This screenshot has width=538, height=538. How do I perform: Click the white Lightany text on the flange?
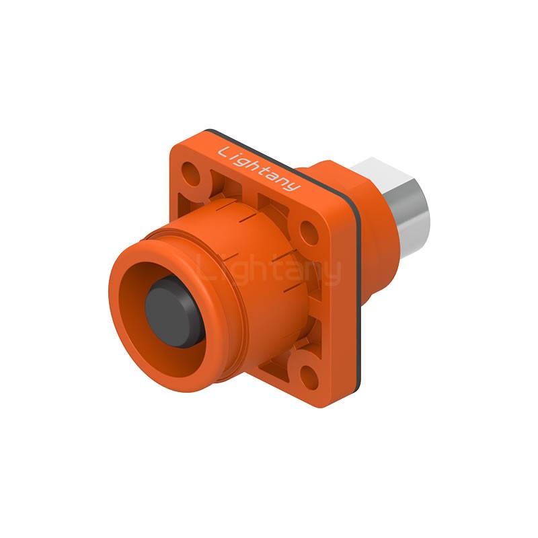(259, 168)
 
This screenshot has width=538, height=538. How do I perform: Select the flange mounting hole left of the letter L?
(190, 174)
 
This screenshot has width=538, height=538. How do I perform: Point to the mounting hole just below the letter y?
(309, 233)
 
